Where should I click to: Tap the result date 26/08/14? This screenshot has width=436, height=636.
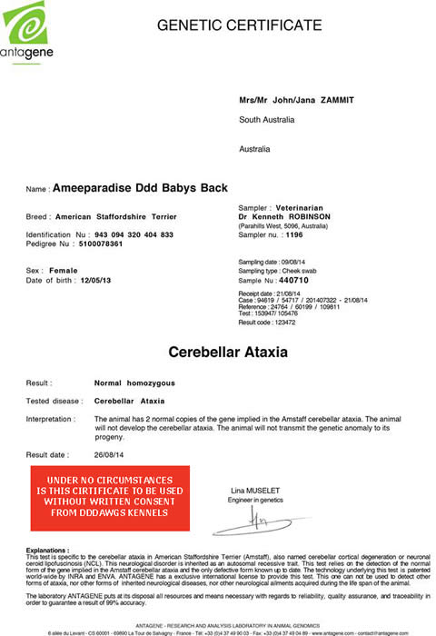(x=112, y=453)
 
